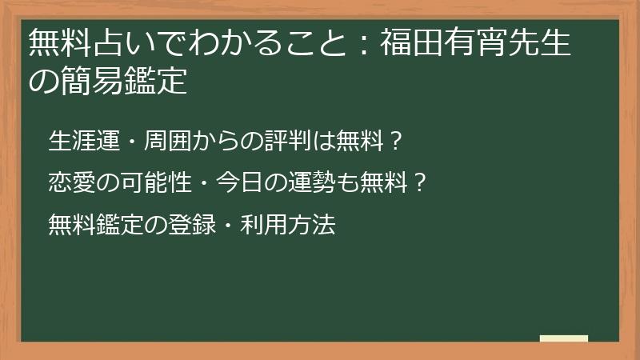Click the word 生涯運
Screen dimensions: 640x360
[84, 141]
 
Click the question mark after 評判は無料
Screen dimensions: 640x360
[394, 142]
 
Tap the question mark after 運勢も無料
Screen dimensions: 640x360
[418, 182]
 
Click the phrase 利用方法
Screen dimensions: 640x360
[288, 224]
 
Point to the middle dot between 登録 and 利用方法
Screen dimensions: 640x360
[227, 225]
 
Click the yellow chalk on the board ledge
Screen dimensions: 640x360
[564, 338]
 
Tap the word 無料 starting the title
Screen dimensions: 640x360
[60, 42]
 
